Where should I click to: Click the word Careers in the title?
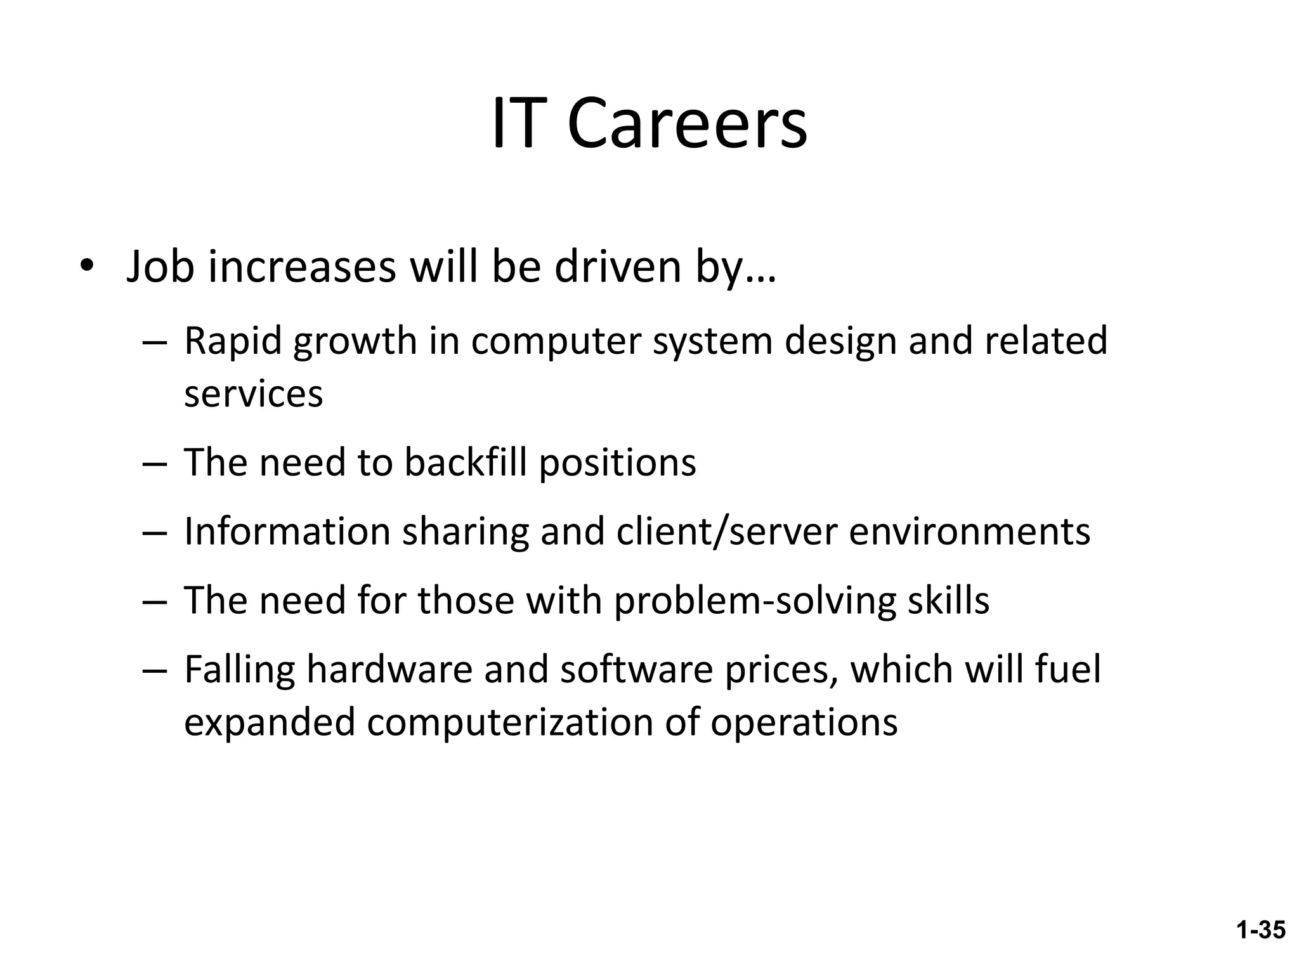[x=687, y=124]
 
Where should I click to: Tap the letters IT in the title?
[x=519, y=124]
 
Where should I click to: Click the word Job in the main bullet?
[x=160, y=267]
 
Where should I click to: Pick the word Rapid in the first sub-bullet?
[x=232, y=341]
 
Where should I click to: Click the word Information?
[x=287, y=531]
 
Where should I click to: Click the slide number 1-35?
[x=1261, y=930]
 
